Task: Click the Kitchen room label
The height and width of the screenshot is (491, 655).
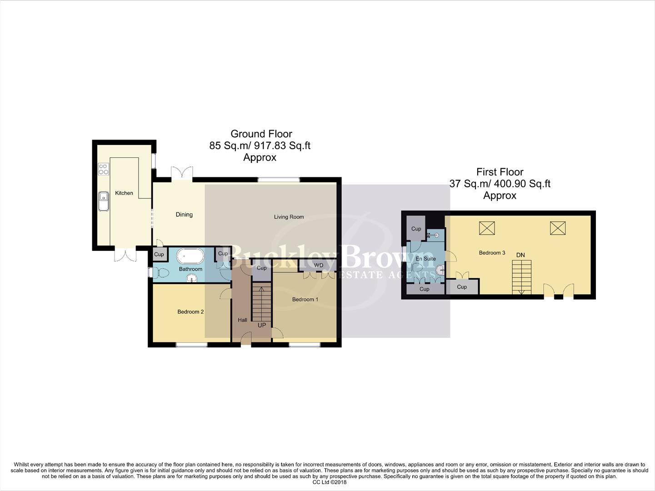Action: (124, 193)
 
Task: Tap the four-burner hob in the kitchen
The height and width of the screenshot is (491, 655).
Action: (103, 170)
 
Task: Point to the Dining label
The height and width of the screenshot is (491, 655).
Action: (184, 215)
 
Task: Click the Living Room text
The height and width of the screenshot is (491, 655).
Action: (289, 217)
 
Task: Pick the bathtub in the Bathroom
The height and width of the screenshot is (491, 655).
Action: (190, 256)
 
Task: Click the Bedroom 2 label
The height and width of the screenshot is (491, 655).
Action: (190, 312)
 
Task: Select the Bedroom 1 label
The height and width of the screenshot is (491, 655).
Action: (305, 300)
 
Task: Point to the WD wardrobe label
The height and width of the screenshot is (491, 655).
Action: (319, 266)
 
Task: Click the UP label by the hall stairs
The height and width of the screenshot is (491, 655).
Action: (262, 325)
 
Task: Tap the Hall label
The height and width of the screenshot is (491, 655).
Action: (242, 320)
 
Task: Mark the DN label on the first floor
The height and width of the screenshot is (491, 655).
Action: (520, 255)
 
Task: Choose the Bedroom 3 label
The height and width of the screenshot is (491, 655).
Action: (492, 253)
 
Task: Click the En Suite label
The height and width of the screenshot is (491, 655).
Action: (425, 259)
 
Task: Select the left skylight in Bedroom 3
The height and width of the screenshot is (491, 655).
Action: (487, 228)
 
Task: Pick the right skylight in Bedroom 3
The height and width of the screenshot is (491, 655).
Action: (558, 228)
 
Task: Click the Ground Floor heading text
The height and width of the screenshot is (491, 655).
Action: (261, 134)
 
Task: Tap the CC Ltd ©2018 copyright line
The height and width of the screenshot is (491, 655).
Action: (329, 482)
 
